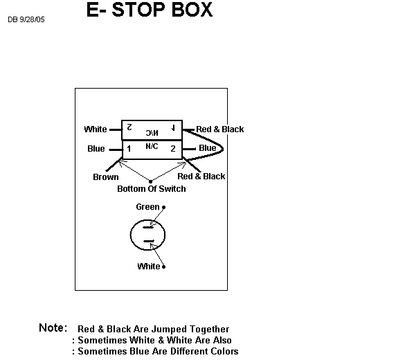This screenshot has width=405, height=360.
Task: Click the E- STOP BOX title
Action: click(150, 10)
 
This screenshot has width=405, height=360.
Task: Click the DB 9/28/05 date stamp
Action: click(26, 19)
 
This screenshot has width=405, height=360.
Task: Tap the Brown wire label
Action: click(106, 177)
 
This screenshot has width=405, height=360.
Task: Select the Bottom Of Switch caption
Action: click(152, 189)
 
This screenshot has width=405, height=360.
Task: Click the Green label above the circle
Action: click(147, 207)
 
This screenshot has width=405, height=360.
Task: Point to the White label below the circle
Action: click(149, 267)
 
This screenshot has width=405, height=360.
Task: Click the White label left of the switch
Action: click(96, 129)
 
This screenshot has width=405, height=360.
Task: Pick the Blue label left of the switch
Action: click(96, 149)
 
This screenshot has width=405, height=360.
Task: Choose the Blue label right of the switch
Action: click(208, 148)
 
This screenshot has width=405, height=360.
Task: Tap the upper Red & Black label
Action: click(219, 129)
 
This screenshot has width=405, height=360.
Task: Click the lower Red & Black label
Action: click(201, 176)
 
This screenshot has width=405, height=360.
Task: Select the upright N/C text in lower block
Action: click(152, 147)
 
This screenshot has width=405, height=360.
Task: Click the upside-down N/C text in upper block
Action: click(152, 133)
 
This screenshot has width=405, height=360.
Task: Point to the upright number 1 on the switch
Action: click(129, 149)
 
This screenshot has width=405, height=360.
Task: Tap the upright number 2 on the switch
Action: click(173, 148)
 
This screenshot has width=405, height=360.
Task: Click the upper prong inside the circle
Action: click(149, 227)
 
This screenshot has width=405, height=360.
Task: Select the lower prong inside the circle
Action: click(149, 241)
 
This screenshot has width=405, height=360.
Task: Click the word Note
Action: click(53, 327)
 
